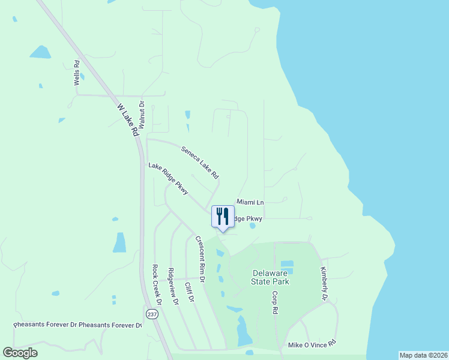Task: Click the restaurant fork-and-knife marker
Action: (x=223, y=216)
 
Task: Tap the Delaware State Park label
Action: (x=270, y=277)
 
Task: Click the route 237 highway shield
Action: (x=149, y=314)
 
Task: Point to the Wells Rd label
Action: (x=77, y=73)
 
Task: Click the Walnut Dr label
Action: (x=142, y=114)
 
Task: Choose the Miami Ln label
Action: (x=250, y=203)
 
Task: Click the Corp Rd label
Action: (x=274, y=303)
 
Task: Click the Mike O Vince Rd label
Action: (x=312, y=345)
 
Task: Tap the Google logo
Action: (x=20, y=353)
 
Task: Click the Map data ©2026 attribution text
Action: (x=423, y=355)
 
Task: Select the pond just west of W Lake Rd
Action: (x=119, y=242)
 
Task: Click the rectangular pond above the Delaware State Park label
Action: (x=287, y=264)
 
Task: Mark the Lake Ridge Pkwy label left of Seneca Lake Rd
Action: (x=169, y=179)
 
